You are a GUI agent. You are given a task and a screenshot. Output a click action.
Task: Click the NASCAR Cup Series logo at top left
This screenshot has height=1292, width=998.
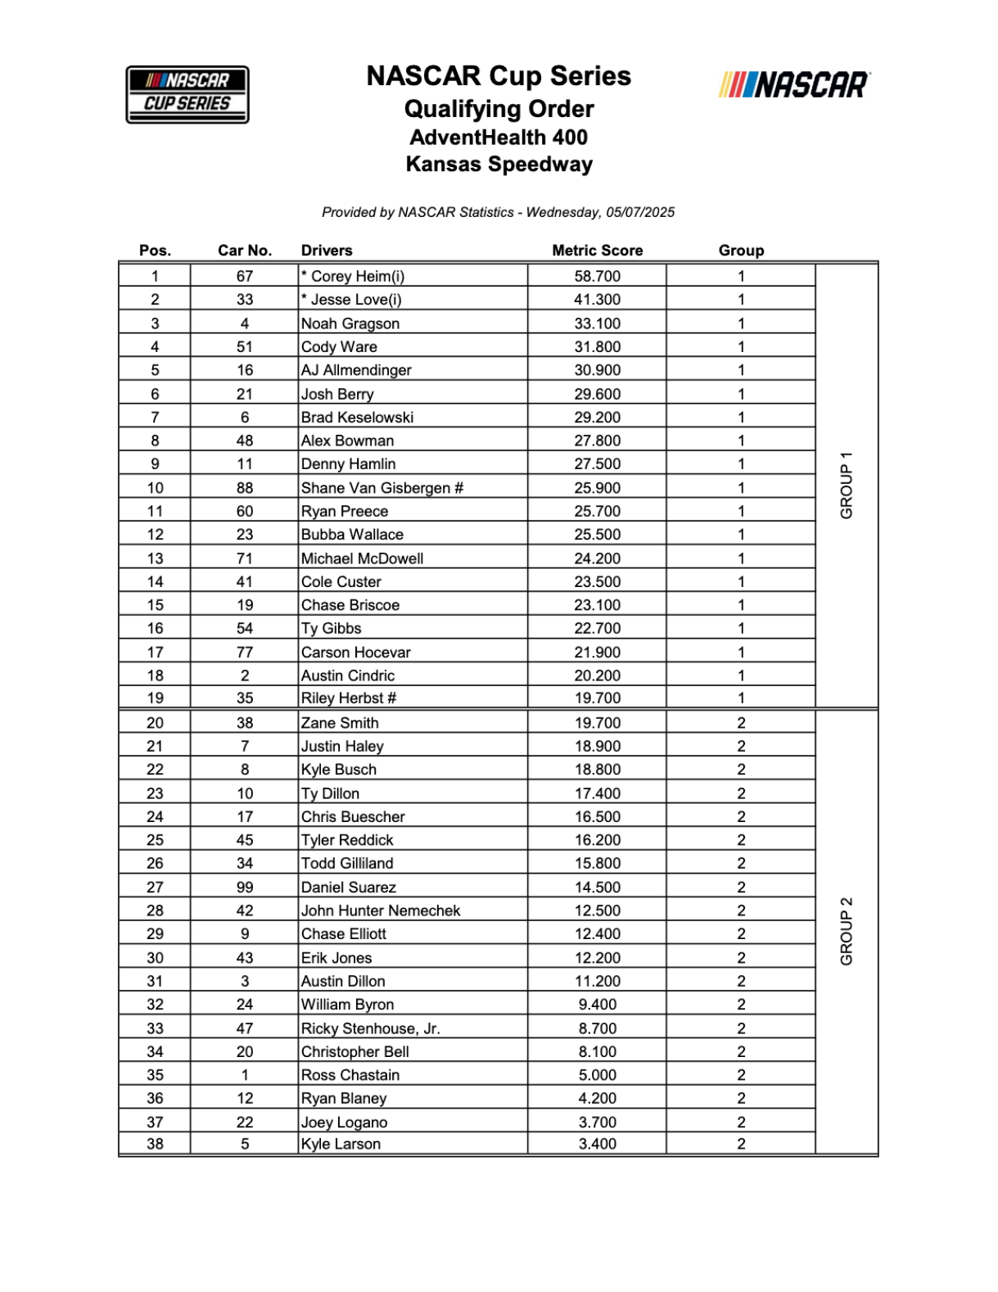(x=187, y=94)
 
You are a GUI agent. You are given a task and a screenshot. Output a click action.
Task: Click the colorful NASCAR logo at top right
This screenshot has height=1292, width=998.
(x=793, y=84)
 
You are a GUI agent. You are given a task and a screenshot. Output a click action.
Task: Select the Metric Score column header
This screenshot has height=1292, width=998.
(x=597, y=251)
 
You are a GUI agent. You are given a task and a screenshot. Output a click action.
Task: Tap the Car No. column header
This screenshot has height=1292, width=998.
(x=244, y=251)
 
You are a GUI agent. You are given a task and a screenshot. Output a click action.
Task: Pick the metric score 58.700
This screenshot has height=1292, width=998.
(x=597, y=276)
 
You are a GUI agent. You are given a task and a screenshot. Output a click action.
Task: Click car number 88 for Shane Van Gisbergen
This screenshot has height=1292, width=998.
(x=244, y=487)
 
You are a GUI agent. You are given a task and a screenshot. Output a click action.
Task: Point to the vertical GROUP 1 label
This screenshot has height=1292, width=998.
(x=847, y=485)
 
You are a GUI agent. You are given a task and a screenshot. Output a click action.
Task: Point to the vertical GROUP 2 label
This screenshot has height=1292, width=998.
(x=847, y=931)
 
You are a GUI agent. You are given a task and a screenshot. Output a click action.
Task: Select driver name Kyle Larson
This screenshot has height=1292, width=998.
(x=341, y=1144)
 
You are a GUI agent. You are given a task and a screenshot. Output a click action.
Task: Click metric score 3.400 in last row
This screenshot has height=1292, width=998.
(x=597, y=1144)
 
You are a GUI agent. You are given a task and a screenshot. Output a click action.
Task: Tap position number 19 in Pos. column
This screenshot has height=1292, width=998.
(x=155, y=698)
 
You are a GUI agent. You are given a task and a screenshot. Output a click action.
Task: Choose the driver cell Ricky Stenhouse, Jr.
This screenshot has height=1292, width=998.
(x=370, y=1028)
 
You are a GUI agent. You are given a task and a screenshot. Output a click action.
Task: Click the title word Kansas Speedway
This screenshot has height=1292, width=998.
(x=499, y=164)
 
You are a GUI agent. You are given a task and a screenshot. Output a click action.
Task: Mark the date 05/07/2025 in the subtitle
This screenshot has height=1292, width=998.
(x=640, y=212)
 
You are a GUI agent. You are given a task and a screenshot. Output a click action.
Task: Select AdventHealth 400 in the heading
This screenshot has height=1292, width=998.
(x=499, y=137)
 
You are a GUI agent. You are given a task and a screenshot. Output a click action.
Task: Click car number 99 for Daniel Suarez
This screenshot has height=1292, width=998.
(x=244, y=887)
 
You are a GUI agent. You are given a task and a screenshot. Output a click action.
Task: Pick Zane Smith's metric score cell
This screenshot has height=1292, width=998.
(x=597, y=723)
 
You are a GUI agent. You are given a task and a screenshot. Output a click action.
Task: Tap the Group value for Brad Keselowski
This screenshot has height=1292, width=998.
(x=741, y=417)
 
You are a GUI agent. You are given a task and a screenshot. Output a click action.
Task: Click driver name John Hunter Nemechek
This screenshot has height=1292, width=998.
(x=380, y=910)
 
